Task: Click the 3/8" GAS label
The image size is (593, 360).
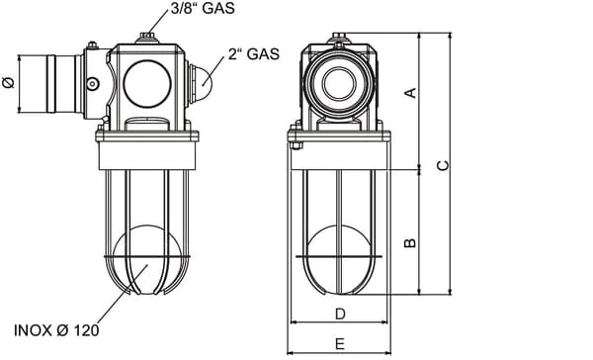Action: [203, 8]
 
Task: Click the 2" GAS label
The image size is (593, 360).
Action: [254, 54]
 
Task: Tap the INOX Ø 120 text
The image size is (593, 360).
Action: [56, 330]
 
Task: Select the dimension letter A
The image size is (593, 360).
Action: [411, 93]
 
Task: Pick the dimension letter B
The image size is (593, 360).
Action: [410, 242]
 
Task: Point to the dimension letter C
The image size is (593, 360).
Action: [443, 166]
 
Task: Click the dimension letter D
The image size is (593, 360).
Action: [340, 314]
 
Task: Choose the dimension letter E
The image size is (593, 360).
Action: [340, 344]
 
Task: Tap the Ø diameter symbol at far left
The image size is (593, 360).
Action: [8, 82]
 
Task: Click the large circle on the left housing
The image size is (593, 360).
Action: [147, 84]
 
